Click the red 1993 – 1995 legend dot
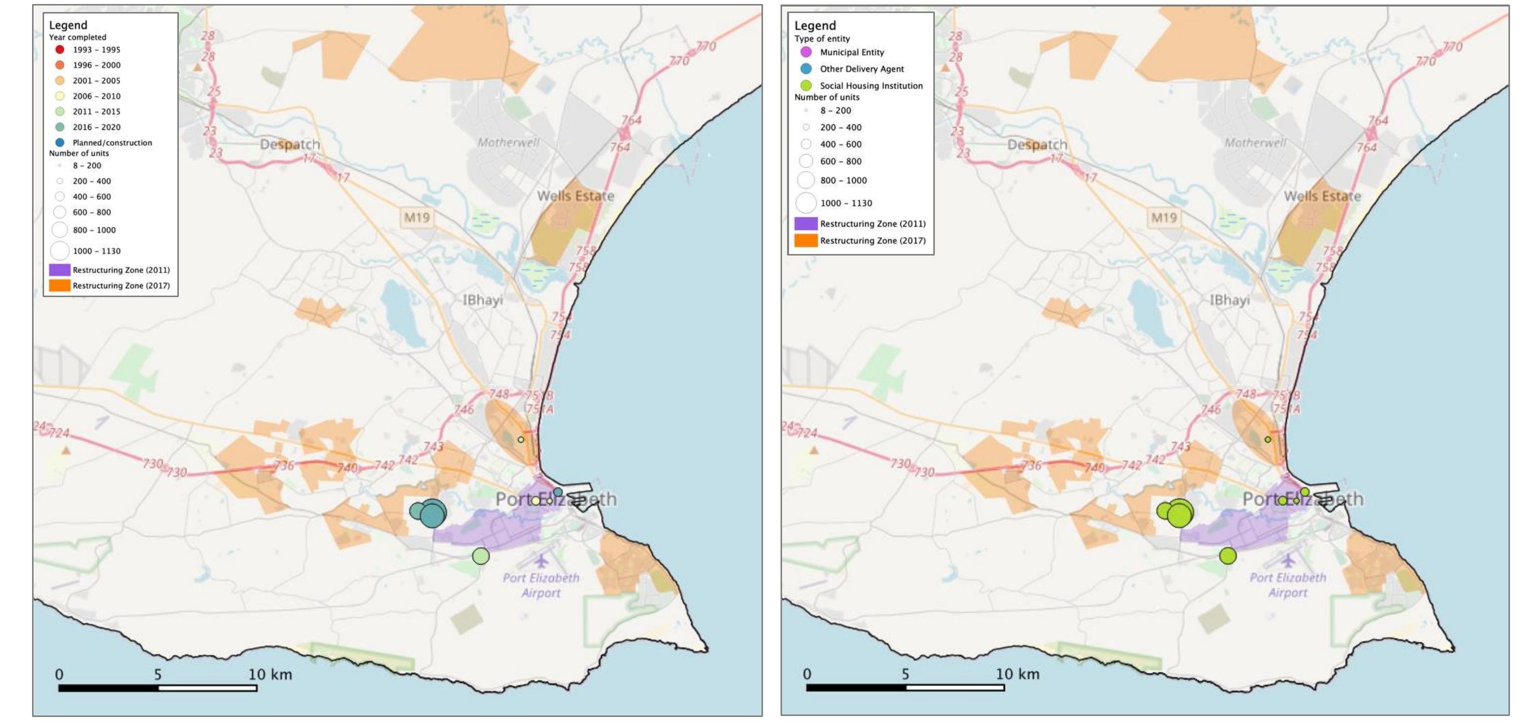coord(60,50)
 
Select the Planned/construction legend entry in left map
coord(112,143)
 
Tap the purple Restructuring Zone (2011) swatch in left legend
coord(60,270)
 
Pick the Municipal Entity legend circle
coord(806,52)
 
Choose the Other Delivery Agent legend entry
coord(861,69)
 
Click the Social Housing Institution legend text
coord(871,86)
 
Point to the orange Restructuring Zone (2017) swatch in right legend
coord(805,240)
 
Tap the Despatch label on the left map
coord(290,144)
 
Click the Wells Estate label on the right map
coord(1322,196)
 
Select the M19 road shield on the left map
coord(416,217)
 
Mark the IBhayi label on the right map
coord(1229,300)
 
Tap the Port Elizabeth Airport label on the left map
coord(541,585)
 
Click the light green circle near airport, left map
coord(481,556)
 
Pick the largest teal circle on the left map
coord(433,514)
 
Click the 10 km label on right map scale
coord(1017,673)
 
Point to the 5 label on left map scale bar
coord(157,674)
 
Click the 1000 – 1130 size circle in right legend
coord(806,203)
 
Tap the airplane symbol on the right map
coord(1288,559)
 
